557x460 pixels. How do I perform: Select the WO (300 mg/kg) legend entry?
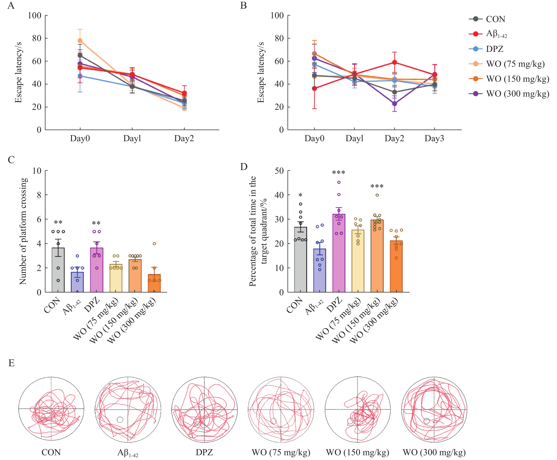pos(517,94)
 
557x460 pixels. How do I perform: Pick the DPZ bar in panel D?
pos(339,253)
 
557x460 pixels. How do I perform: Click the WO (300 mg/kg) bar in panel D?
pos(396,266)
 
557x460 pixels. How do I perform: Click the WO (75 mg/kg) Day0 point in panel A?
pos(80,41)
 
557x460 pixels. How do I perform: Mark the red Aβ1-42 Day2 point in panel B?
pos(394,62)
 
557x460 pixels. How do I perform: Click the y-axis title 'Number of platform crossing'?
pos(23,231)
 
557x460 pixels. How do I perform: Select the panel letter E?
pos(11,363)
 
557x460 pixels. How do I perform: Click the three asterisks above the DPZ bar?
pos(339,173)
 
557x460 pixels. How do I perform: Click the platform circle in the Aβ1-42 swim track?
pos(120,419)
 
